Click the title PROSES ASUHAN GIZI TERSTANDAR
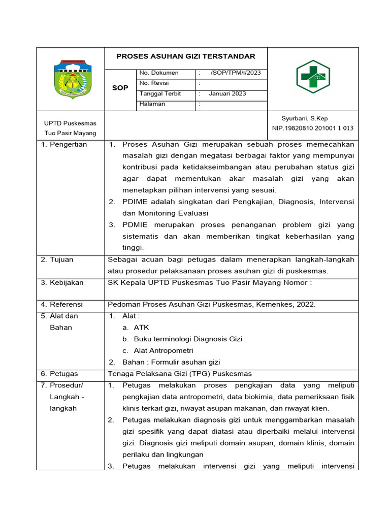(186, 56)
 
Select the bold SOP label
(120, 88)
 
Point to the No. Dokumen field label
(159, 73)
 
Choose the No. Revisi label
(154, 83)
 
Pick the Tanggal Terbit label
(160, 94)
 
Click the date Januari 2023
(227, 94)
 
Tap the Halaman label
(152, 104)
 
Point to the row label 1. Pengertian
(64, 145)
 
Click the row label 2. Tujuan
(57, 259)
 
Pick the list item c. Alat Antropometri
(157, 350)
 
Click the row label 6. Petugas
(60, 374)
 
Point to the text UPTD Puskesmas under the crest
(70, 123)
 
